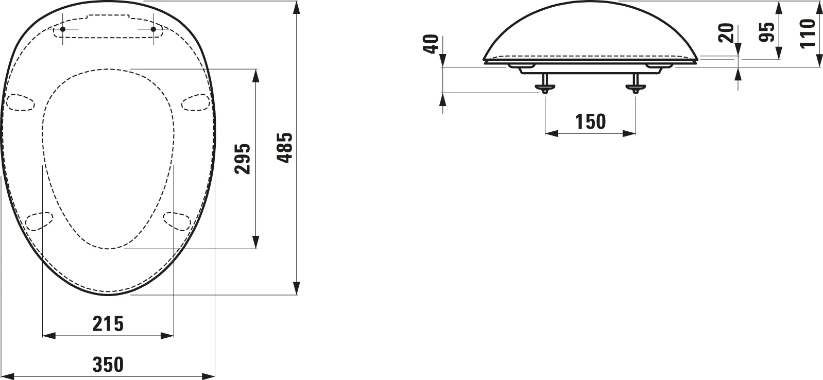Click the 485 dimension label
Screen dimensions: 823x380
(285, 147)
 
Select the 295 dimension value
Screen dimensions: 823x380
(243, 159)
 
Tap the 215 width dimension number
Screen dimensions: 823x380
(108, 324)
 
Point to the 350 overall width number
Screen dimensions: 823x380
(108, 364)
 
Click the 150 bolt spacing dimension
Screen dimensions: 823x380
(590, 122)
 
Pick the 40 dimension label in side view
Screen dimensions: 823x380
(432, 44)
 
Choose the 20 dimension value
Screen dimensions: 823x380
(726, 33)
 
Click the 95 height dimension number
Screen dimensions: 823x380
(766, 32)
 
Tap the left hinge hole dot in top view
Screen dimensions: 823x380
(62, 29)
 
